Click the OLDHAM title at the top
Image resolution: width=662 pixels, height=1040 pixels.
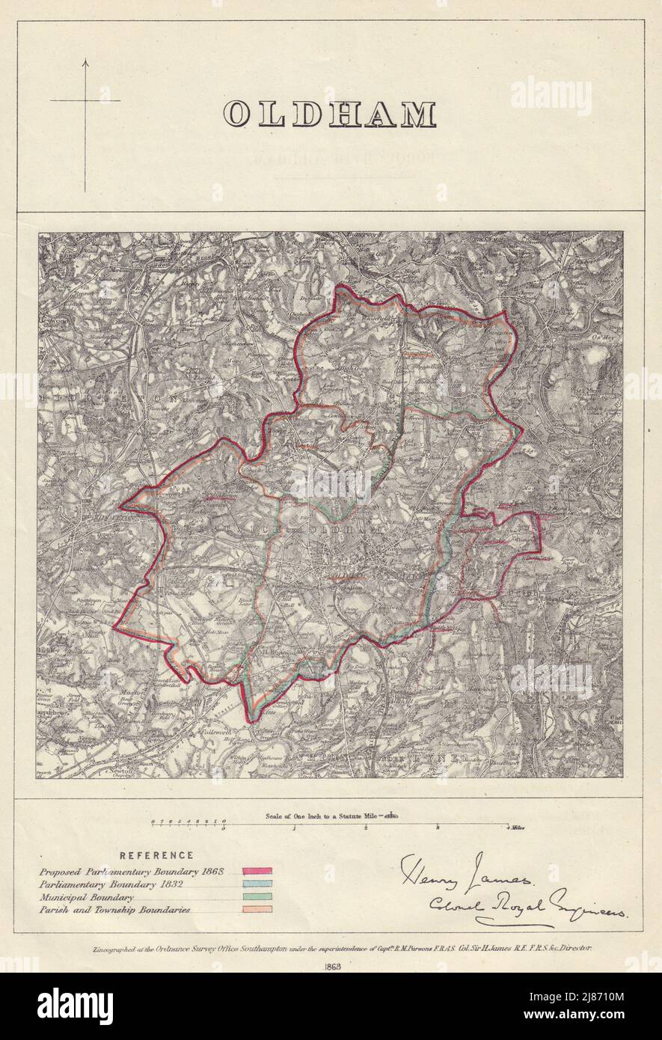click(330, 114)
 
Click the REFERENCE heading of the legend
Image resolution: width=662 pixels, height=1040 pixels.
click(156, 855)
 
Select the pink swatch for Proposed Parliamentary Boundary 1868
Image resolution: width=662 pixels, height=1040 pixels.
click(257, 872)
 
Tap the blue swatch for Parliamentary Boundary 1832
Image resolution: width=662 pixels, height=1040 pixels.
click(257, 884)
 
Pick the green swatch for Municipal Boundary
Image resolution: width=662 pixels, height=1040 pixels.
click(257, 897)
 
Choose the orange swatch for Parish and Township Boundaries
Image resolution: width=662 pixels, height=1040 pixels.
click(257, 910)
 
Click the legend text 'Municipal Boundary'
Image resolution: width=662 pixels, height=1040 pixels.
click(87, 897)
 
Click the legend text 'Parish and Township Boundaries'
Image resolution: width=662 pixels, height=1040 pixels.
click(114, 910)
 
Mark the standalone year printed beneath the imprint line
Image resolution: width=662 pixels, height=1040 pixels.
click(331, 966)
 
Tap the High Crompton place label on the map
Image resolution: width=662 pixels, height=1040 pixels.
click(359, 369)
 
